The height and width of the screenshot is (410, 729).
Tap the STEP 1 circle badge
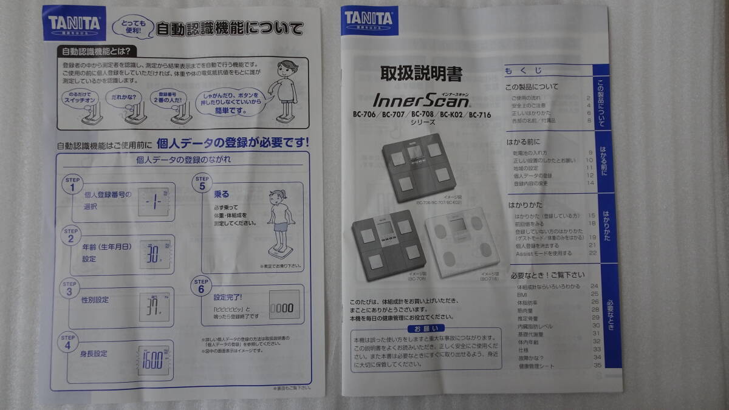coord(72,184)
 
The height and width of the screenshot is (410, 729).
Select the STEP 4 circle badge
coord(69,342)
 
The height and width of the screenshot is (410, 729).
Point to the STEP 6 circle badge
coord(202,287)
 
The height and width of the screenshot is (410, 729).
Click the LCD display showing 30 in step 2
coord(154,253)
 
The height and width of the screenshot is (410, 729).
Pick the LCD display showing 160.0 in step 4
coord(153,360)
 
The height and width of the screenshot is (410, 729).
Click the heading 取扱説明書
coord(421,74)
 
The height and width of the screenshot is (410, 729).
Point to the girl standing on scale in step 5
coord(279,222)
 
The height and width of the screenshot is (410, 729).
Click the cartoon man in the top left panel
coord(286,91)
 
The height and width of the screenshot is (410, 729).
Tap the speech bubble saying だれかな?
coord(124,97)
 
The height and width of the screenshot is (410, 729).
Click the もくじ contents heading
coord(523,71)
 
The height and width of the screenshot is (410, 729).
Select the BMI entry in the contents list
coord(521,294)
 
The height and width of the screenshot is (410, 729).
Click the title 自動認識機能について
coord(230,29)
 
